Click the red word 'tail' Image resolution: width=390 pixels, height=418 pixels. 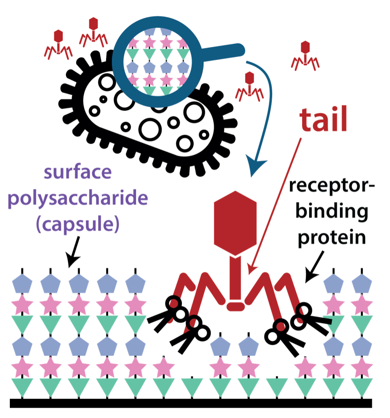324,120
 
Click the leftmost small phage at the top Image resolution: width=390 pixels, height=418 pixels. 58,44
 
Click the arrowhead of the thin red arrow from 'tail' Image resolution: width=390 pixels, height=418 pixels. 250,271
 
